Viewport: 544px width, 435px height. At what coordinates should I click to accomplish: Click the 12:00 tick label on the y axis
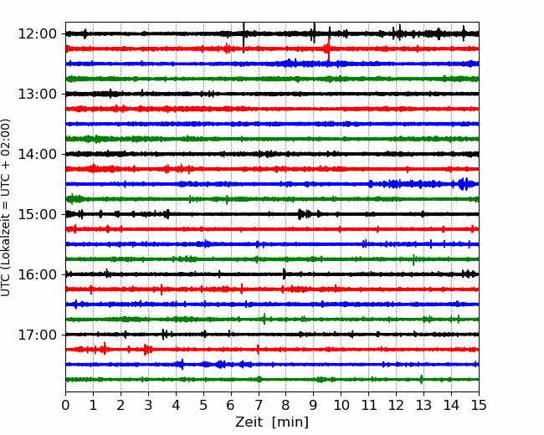37,34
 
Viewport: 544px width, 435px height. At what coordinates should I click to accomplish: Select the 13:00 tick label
37,94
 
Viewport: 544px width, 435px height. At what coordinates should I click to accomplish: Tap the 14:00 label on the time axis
37,154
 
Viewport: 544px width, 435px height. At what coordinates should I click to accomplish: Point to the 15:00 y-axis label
37,214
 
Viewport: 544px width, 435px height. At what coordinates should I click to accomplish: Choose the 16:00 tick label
37,274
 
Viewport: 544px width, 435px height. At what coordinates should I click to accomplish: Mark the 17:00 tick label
37,335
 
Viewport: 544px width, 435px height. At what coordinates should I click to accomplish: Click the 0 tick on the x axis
65,405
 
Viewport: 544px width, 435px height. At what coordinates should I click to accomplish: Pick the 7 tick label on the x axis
259,405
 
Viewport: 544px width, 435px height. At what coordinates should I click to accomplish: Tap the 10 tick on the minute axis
341,405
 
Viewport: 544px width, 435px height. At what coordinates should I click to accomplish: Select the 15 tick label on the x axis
479,405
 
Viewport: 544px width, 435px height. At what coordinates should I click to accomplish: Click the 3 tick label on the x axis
148,405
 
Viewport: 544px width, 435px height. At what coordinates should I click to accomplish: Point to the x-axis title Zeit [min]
272,422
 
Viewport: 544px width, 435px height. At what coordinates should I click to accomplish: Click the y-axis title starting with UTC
5,207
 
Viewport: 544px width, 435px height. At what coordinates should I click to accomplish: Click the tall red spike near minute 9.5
329,48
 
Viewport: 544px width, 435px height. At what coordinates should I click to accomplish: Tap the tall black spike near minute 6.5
244,38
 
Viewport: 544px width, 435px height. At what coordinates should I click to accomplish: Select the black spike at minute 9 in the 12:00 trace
314,33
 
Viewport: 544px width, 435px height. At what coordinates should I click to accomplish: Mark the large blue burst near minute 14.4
464,184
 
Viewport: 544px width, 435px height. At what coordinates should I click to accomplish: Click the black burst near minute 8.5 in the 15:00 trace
300,214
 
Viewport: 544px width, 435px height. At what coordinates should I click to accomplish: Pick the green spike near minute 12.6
413,259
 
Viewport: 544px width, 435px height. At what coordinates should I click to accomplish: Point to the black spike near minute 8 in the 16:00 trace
285,274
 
